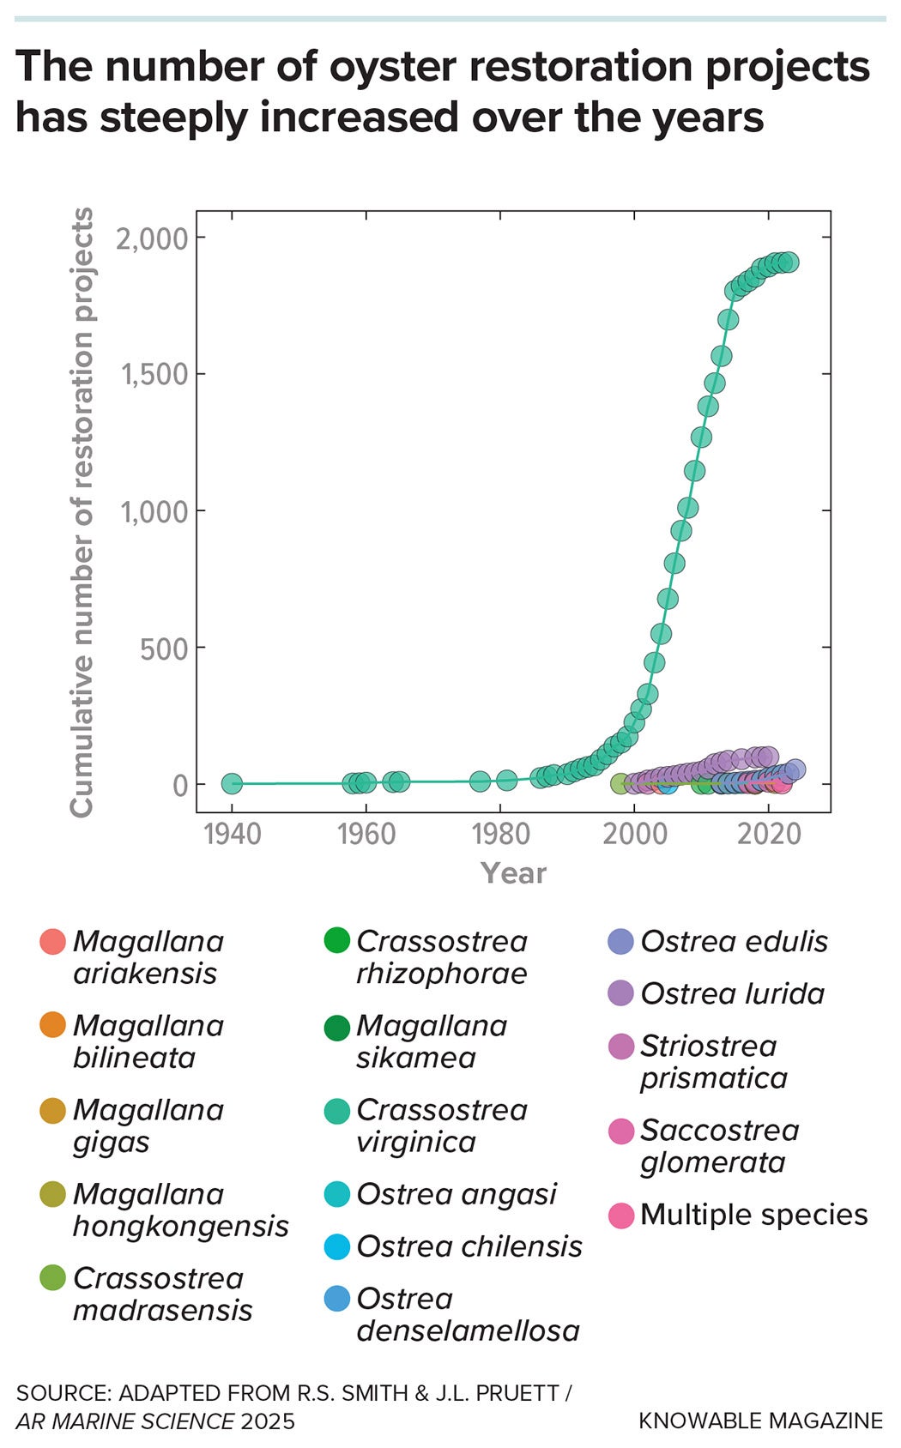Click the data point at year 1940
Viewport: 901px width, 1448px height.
232,783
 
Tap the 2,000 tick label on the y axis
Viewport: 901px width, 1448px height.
152,238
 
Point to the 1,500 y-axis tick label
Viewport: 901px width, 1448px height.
154,375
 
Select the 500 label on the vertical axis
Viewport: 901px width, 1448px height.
164,649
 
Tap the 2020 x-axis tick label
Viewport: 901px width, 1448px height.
768,833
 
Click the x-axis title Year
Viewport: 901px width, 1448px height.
513,873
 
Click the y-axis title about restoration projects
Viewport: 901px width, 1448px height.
82,512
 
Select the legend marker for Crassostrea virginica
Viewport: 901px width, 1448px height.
337,1111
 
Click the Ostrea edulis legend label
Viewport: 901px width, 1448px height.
734,942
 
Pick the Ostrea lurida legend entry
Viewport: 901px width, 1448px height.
732,994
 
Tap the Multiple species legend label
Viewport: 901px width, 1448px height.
753,1216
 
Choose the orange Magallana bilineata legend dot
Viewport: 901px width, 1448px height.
53,1025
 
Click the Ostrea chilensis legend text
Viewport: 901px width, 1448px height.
469,1246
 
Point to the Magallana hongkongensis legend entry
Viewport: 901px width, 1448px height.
180,1210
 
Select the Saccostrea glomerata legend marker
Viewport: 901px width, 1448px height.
620,1131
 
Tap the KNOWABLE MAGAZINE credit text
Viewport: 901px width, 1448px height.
760,1421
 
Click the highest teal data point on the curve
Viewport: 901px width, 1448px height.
788,262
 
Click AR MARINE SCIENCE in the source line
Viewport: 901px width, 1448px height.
125,1421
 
